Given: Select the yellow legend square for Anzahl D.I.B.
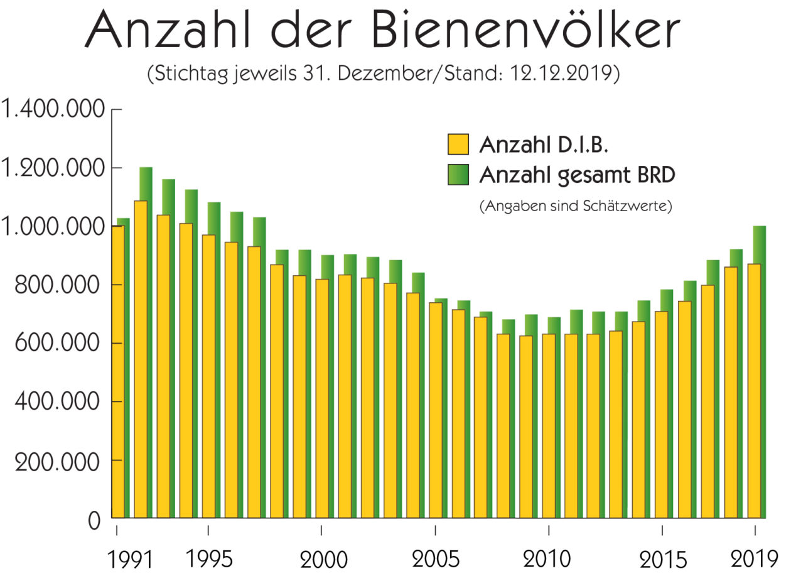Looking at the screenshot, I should [458, 144].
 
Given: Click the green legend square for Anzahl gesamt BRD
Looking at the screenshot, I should [458, 174].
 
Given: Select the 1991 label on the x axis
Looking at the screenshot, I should [129, 558].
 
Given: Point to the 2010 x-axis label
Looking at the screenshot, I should [548, 558].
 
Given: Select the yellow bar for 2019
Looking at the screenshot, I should [750, 390].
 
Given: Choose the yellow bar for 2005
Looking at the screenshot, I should [434, 408].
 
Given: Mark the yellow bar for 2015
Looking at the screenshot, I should [662, 415].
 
